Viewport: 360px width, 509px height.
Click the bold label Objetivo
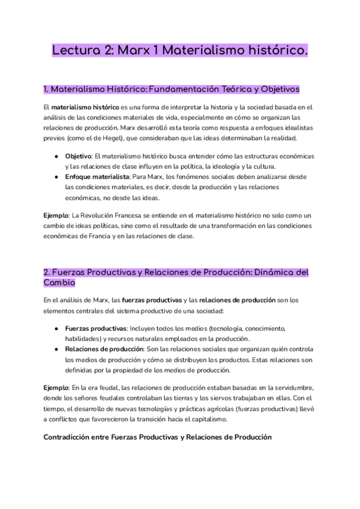[x=79, y=156]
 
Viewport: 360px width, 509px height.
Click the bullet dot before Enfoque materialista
[x=56, y=177]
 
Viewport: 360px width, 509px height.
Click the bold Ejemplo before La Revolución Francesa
[x=56, y=215]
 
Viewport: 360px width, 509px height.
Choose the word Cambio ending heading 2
[x=59, y=282]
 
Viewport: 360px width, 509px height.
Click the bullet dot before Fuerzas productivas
[x=56, y=329]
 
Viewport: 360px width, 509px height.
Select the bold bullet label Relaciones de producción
[x=104, y=349]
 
